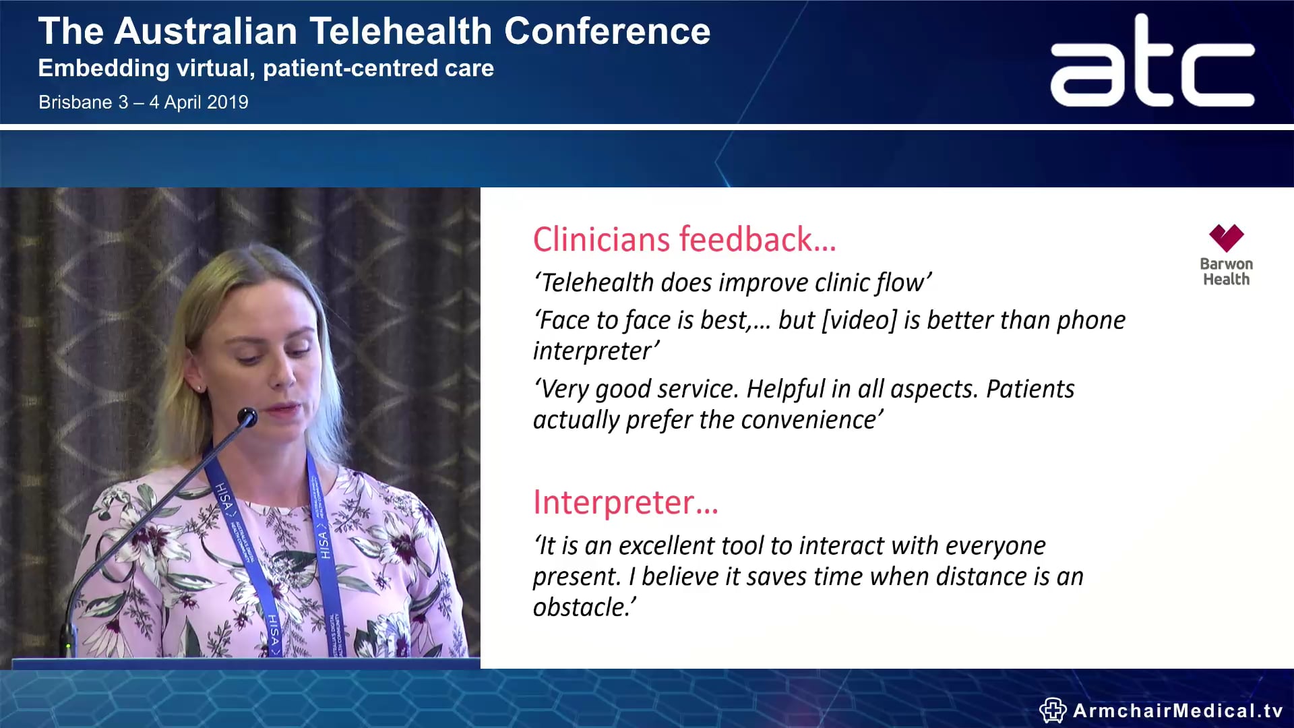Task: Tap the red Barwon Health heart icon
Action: coord(1226,238)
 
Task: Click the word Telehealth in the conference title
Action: coord(400,31)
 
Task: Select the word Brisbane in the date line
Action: coord(75,102)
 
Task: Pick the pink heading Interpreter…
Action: coord(625,503)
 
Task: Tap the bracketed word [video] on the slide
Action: coord(859,320)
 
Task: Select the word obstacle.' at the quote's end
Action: coord(584,607)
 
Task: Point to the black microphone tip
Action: coord(248,417)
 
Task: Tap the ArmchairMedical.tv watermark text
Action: coord(1177,710)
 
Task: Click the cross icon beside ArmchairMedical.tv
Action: coord(1052,710)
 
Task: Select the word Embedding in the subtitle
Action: coord(104,68)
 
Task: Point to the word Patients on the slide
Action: coord(1030,389)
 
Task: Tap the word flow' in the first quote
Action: coord(904,283)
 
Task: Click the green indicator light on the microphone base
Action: coord(68,646)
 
